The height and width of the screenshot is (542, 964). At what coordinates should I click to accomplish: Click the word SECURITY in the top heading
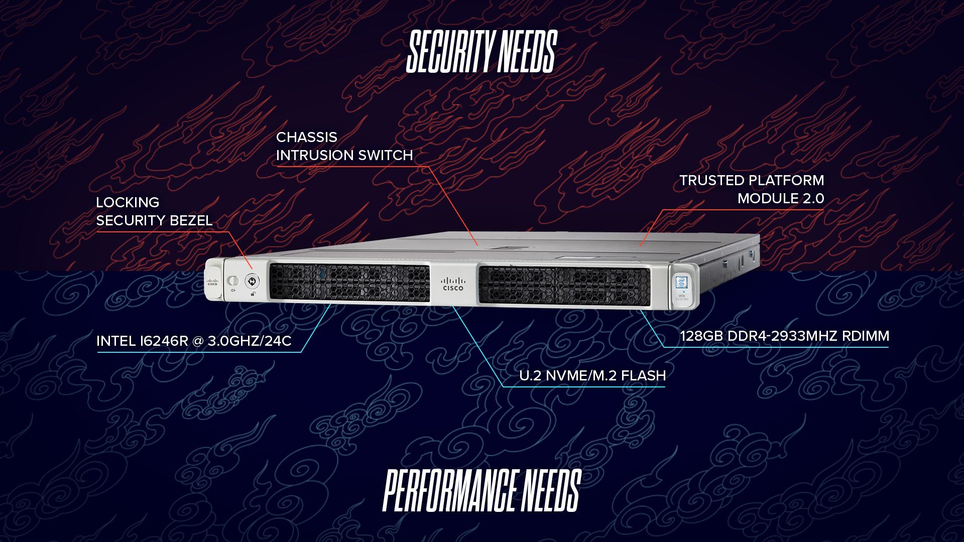point(449,51)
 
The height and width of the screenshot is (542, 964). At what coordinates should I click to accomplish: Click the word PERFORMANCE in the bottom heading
point(450,491)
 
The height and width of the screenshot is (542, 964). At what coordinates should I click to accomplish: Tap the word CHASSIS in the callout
point(306,138)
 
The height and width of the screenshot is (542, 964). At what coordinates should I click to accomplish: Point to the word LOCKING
point(128,203)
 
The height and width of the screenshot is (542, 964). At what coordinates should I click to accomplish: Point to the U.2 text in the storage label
point(530,376)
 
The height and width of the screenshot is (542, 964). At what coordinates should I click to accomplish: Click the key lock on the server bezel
point(252,281)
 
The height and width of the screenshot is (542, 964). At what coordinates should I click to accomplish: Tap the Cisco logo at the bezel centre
point(453,284)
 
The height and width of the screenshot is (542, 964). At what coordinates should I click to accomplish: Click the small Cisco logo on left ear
point(212,283)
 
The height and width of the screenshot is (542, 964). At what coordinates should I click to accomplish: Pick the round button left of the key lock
point(233,280)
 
